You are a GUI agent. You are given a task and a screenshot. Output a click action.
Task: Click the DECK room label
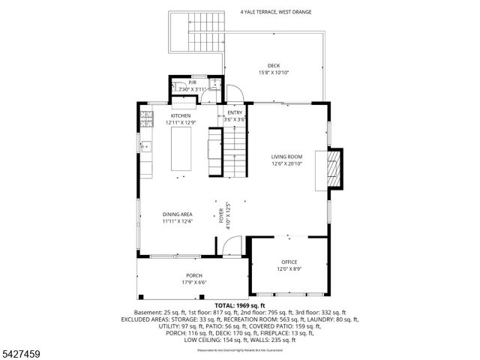click(273, 65)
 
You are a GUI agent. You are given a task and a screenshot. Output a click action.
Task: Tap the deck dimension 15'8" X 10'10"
click(273, 73)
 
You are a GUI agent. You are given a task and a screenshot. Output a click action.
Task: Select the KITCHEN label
click(181, 115)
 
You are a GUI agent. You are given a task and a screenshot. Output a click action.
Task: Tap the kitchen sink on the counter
click(145, 146)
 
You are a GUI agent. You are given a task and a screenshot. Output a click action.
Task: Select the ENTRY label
click(235, 112)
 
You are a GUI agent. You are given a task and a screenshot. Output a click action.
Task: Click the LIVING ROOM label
click(286, 157)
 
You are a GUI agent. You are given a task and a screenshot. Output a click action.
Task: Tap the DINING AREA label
click(178, 214)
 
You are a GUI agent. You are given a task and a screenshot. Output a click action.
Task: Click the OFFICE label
click(289, 262)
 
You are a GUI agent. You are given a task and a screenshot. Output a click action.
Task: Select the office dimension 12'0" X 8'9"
click(289, 268)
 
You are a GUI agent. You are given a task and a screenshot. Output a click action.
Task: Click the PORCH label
click(195, 275)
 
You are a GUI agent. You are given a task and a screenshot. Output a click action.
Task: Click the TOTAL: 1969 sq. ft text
click(240, 306)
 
